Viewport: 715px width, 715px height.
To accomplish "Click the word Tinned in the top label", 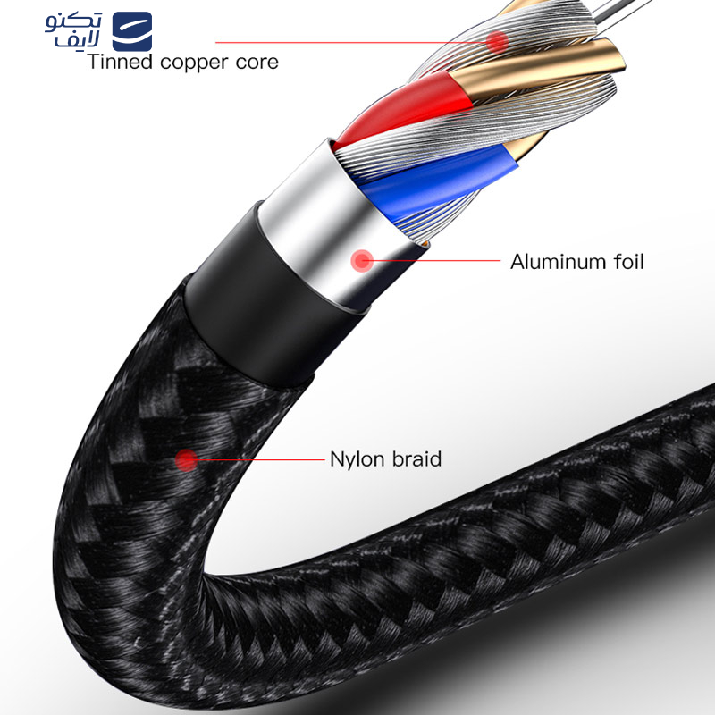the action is point(120,62).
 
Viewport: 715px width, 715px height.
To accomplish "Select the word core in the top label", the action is point(257,63).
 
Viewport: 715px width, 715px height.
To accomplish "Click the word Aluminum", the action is point(556,262).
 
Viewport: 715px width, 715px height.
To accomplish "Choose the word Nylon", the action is point(357,459).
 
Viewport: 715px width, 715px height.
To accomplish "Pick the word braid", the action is point(417,458).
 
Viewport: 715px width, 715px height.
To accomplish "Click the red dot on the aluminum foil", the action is point(362,261).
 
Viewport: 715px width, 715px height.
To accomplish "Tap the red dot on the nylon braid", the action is point(186,460).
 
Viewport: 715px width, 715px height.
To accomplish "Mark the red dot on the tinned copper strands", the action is point(497,42).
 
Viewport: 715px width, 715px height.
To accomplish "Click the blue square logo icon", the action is point(131,31).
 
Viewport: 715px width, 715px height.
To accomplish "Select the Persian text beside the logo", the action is point(73,30).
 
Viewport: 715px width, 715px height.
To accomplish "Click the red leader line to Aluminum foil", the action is point(436,261).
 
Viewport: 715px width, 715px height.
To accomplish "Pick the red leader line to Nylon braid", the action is point(260,459).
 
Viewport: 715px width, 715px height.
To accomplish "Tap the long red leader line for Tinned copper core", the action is point(350,42).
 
